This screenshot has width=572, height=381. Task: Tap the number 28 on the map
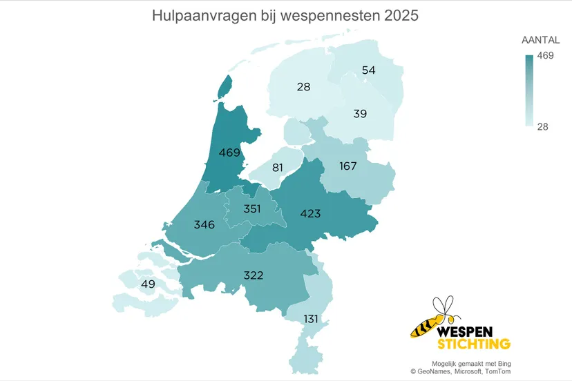click(303, 87)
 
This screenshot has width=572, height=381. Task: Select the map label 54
click(368, 70)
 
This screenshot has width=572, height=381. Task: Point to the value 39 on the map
click(360, 113)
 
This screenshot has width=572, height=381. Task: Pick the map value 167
click(348, 166)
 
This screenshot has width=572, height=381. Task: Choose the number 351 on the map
click(251, 208)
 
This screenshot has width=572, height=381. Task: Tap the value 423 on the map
click(310, 214)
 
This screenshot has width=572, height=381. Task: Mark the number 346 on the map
click(204, 225)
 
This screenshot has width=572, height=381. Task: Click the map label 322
click(254, 275)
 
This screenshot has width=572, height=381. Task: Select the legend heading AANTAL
click(540, 41)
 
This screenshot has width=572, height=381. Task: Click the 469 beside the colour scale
click(546, 56)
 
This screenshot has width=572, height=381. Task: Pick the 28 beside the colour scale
click(544, 126)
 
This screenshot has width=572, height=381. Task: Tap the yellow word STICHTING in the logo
click(474, 343)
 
